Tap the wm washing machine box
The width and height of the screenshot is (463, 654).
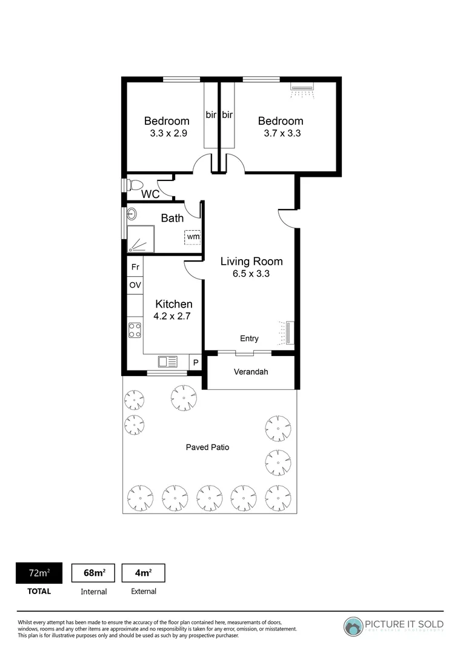coord(193,237)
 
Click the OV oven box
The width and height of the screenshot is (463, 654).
coord(135,285)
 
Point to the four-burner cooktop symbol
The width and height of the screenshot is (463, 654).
coord(135,330)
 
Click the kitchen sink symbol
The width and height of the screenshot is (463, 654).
coord(168,362)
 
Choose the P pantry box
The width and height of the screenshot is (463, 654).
coord(195,362)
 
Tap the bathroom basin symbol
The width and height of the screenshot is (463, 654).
coord(132,214)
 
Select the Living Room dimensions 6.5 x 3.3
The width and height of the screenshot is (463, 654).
coord(251,274)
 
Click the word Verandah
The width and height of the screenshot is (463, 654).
coord(251,372)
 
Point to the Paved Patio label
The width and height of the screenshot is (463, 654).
coord(207,448)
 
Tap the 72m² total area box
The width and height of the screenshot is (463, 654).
coord(39,573)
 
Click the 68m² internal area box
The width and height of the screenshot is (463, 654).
coord(93,573)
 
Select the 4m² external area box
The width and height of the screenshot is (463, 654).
coord(143,573)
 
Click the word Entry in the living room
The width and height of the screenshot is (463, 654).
coord(249,339)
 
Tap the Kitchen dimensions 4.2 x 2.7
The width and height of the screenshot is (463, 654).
coord(174,315)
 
